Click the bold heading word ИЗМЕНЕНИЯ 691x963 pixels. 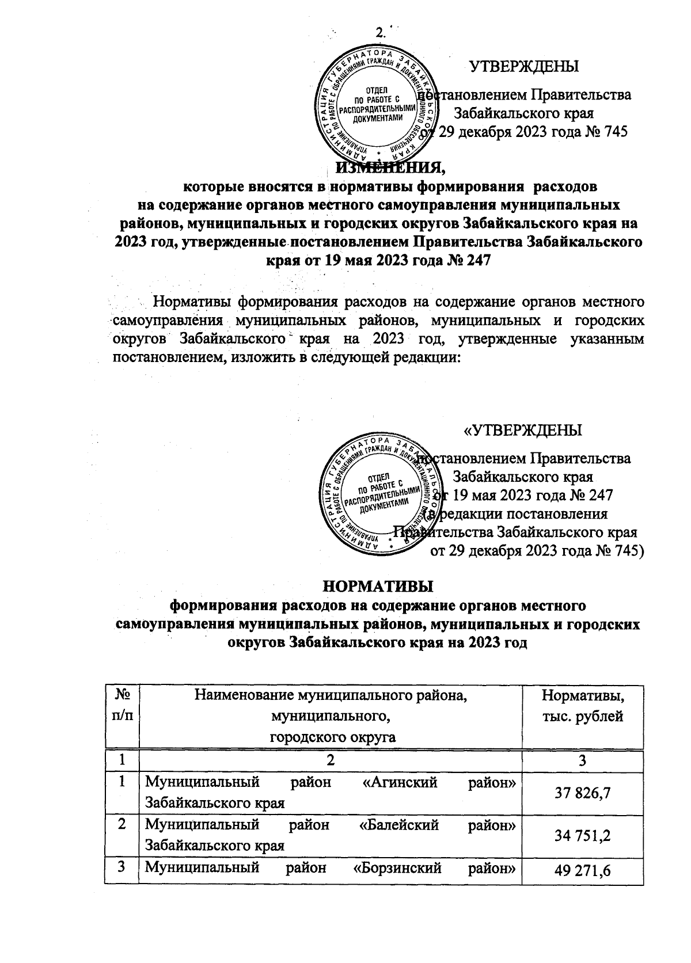tap(391, 168)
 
